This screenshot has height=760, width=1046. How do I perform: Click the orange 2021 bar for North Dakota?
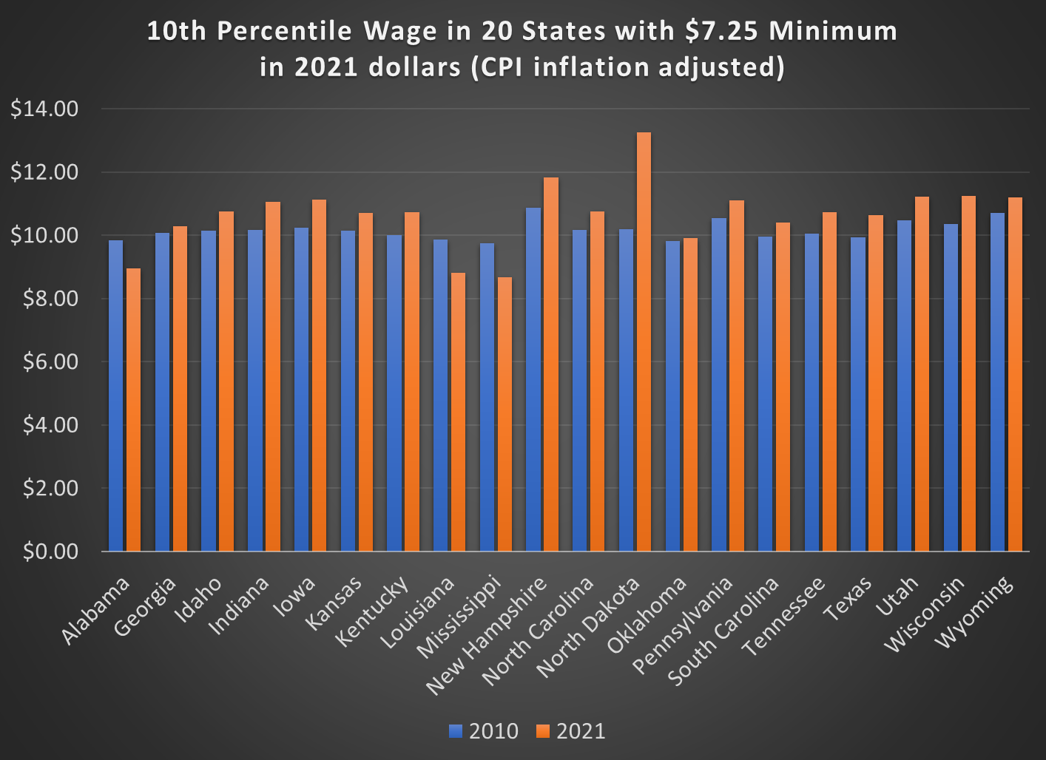pos(644,342)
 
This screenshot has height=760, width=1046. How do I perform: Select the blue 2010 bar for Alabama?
pos(116,396)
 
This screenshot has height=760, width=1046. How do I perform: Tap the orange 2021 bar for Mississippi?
pos(505,414)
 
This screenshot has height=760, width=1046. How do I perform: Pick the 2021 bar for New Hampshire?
pos(551,364)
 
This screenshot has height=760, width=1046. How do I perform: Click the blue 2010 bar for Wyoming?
pos(997,381)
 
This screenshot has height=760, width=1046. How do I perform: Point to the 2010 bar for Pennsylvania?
pos(719,384)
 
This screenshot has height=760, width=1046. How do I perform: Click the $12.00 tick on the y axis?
pos(44,172)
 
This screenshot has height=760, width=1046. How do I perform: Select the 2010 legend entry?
pos(485,731)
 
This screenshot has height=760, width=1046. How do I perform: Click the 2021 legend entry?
pos(572,731)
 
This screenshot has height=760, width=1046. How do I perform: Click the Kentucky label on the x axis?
pos(372,611)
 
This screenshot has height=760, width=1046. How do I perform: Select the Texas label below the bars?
pos(848,599)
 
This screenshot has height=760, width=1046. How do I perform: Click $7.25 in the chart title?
pos(723,31)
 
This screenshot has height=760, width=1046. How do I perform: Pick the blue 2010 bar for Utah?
pos(904,385)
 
